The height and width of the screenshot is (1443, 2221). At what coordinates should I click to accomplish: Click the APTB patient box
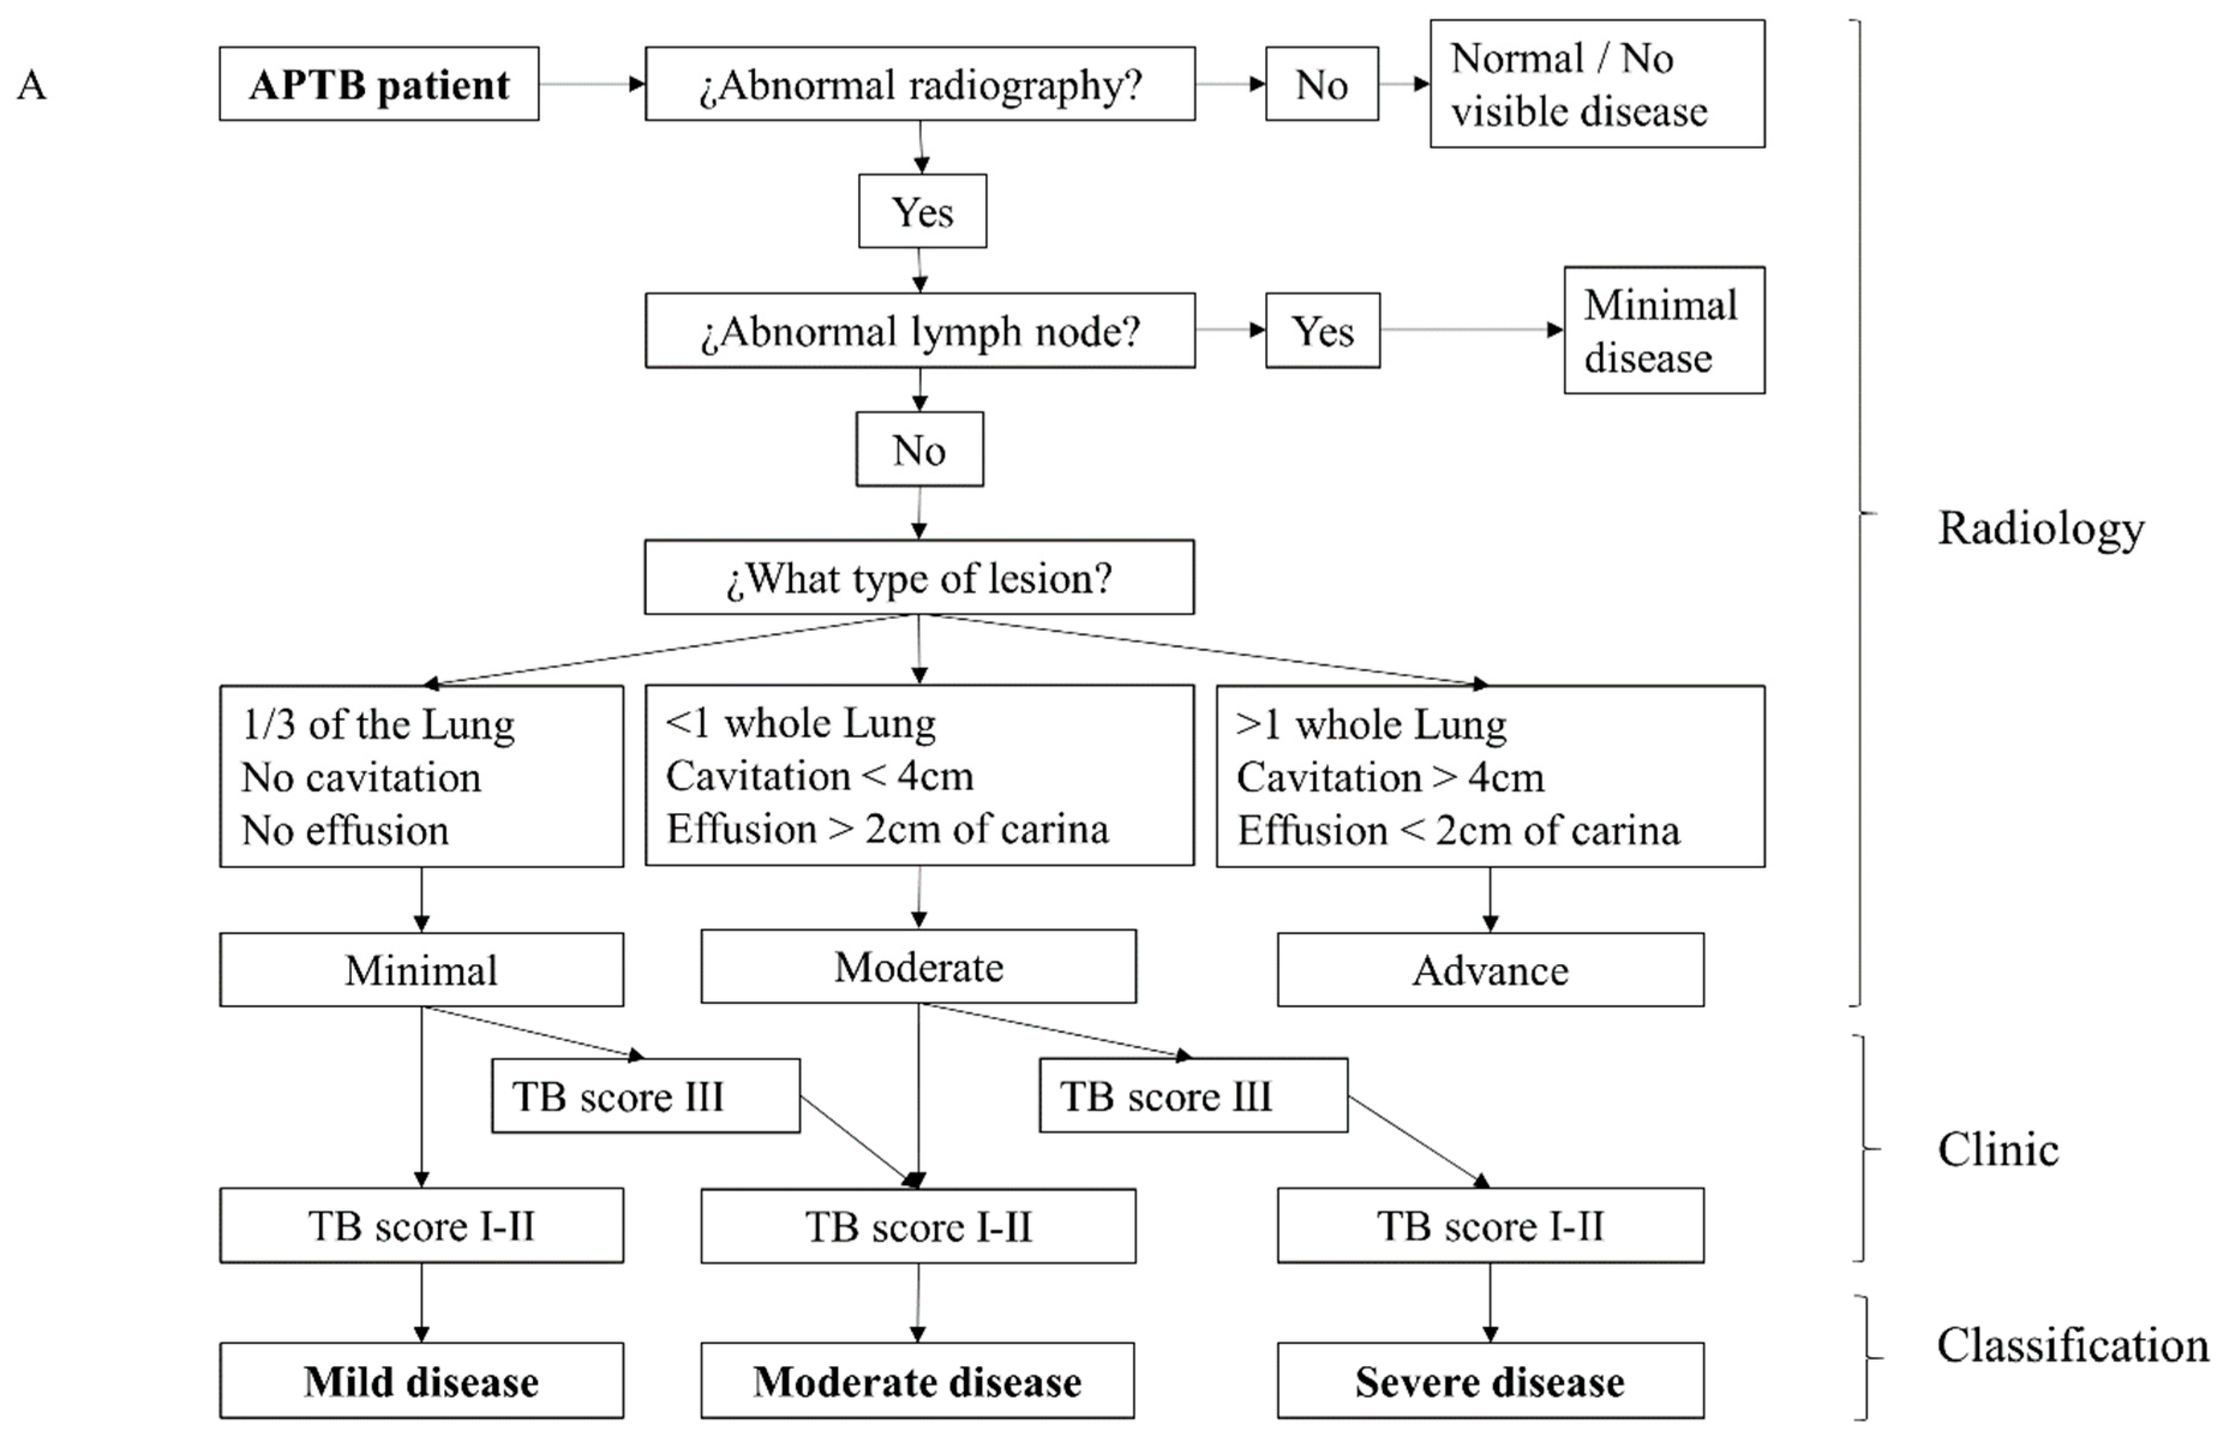tap(379, 84)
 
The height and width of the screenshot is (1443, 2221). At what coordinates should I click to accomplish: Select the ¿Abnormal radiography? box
tap(920, 84)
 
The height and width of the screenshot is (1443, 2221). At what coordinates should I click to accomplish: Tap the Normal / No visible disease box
tap(1597, 84)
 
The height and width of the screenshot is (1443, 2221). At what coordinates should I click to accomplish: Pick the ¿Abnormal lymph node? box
tap(920, 330)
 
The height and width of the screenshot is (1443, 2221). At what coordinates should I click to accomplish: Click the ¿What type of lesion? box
tap(919, 577)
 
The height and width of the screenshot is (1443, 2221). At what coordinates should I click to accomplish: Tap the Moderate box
tap(918, 967)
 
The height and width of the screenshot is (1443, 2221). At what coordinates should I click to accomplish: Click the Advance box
tap(1489, 970)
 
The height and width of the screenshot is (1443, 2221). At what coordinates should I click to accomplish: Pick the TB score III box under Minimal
tap(646, 1096)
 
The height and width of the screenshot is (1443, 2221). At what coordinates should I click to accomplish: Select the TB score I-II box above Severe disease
tap(1489, 1226)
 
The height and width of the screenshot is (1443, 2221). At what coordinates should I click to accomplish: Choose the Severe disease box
tap(1489, 1381)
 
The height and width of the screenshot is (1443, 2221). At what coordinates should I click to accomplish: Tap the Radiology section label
tap(2041, 528)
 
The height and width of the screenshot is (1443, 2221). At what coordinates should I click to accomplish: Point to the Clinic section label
tap(1998, 1149)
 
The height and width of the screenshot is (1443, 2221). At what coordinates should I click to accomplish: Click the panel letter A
tap(32, 85)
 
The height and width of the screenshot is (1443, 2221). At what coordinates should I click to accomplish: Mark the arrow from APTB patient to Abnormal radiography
tap(592, 84)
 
